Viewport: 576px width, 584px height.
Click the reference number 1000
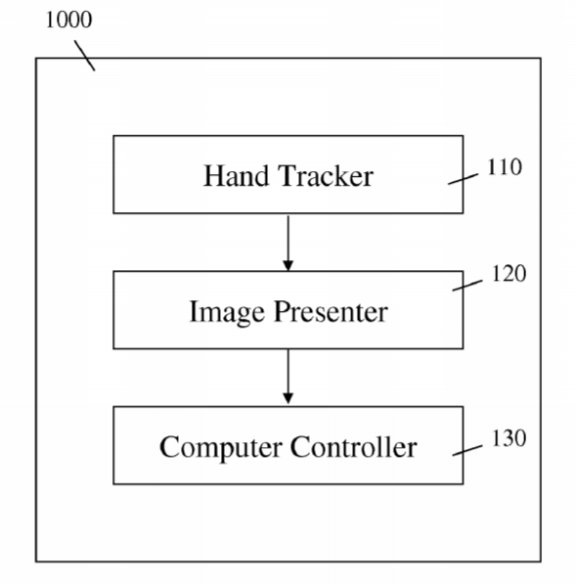click(68, 20)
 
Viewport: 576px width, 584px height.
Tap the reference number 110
click(505, 167)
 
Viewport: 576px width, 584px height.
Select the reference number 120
click(509, 274)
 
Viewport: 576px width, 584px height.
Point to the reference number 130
click(509, 438)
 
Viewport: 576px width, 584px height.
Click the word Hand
click(236, 175)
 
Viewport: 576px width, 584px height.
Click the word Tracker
click(326, 175)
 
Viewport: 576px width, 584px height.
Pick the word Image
click(227, 312)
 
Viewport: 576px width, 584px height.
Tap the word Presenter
click(331, 311)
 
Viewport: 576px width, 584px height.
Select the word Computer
click(220, 447)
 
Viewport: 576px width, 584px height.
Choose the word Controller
click(353, 446)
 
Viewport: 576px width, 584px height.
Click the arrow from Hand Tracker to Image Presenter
click(288, 243)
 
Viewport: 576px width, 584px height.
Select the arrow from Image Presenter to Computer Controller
click(288, 377)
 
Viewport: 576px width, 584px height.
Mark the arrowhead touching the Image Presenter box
click(288, 265)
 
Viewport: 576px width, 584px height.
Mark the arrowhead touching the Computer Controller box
click(288, 398)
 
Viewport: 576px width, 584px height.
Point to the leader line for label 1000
click(84, 56)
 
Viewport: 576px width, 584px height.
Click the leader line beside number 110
click(464, 179)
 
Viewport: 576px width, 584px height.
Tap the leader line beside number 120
click(467, 286)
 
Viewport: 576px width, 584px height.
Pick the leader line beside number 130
click(467, 450)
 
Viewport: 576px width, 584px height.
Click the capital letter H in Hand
click(215, 175)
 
